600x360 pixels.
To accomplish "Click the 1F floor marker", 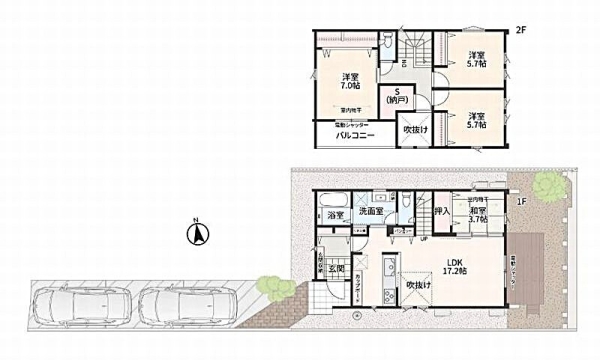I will pyautogui.click(x=520, y=200).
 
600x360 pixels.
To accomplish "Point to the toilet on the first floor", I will pyautogui.click(x=408, y=204).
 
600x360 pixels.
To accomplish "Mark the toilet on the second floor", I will pyautogui.click(x=385, y=43).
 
